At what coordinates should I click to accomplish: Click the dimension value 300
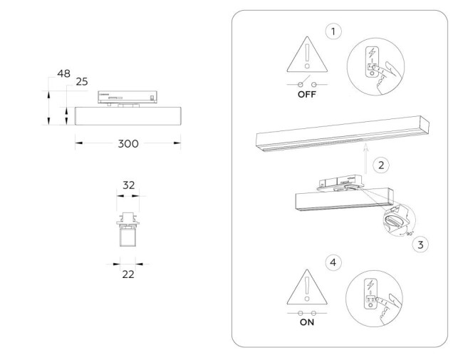point(128,144)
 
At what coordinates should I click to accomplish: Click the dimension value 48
point(64,74)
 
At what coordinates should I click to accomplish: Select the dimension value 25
point(81,82)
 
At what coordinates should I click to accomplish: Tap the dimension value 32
point(129,185)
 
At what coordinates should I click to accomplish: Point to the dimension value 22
point(129,273)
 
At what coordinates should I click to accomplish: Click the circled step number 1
point(331,31)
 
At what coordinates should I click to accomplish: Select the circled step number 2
point(381,165)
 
